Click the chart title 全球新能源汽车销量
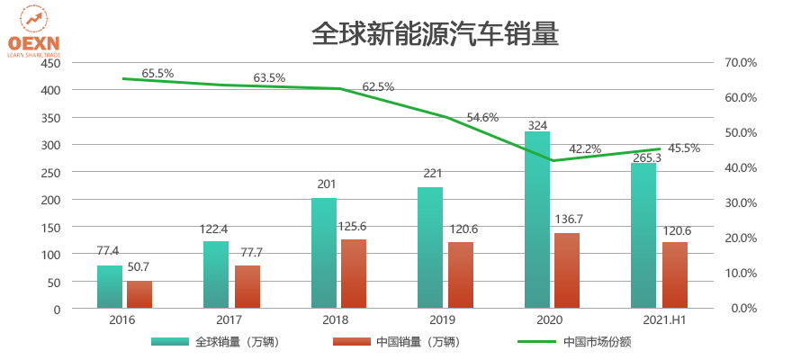coord(435,35)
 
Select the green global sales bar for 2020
coord(537,220)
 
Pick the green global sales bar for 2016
coord(110,287)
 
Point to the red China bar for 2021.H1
coord(675,274)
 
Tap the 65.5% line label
coord(157,73)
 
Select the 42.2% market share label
coord(584,149)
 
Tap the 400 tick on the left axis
coord(50,90)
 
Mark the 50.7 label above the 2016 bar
coord(139,266)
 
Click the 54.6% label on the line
coord(482,118)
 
